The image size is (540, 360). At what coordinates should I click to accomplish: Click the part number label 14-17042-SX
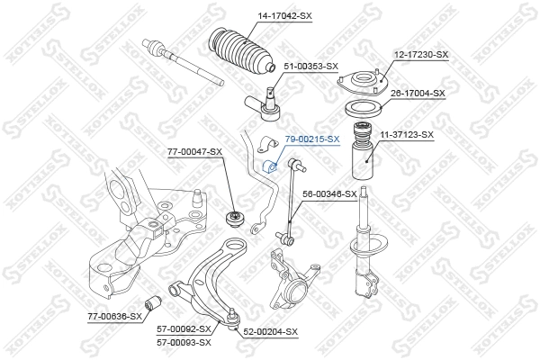(260, 15)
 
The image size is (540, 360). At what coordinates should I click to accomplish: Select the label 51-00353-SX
(311, 67)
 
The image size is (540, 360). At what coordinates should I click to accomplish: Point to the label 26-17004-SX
(419, 93)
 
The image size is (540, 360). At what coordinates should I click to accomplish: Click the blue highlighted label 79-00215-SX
(312, 139)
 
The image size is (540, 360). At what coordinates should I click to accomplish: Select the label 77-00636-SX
(115, 316)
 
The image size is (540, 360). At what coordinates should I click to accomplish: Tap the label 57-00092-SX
(184, 329)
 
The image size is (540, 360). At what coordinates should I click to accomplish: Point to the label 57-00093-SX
(184, 342)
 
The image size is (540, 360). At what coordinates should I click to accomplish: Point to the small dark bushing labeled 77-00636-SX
(153, 301)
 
